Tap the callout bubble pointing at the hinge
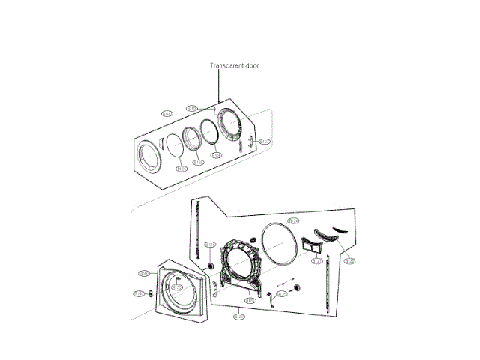click(264, 141)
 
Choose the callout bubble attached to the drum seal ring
click(293, 221)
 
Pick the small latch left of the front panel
click(152, 292)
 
